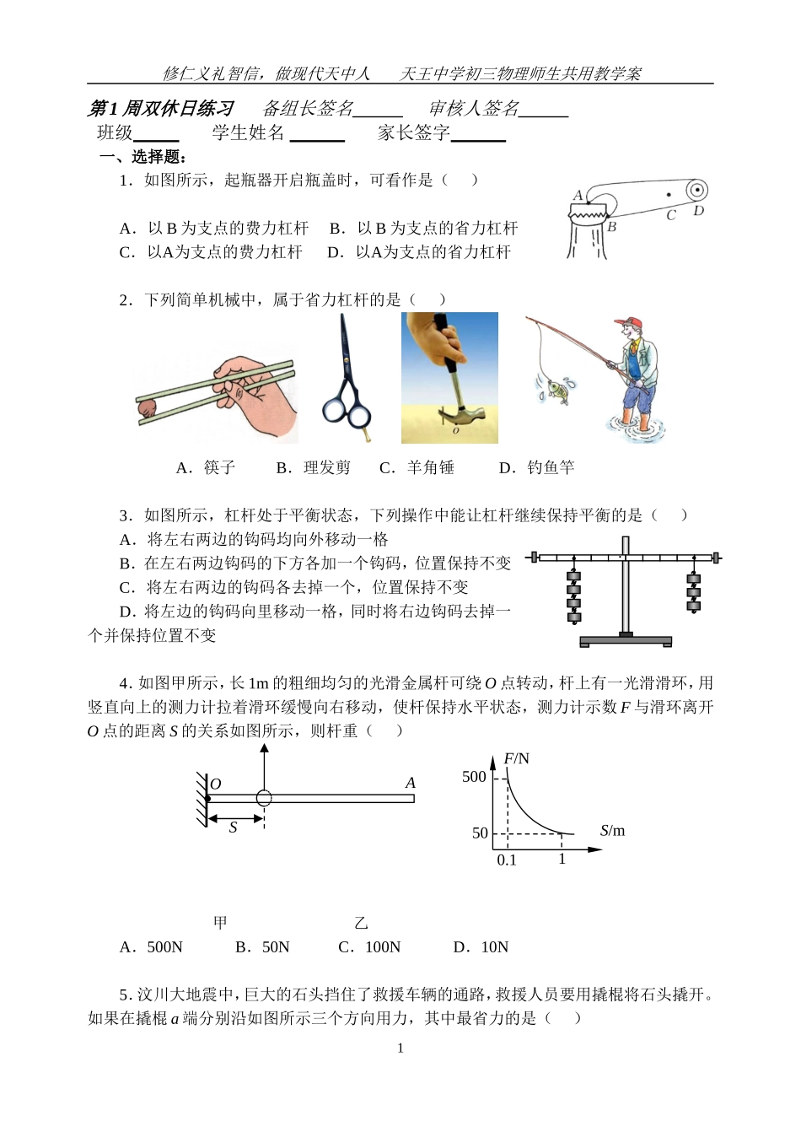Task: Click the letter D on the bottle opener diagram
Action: pos(698,210)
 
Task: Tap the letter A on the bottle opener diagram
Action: pos(578,196)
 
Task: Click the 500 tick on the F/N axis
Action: pos(474,777)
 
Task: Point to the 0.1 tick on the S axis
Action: pos(507,860)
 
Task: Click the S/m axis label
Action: pos(612,831)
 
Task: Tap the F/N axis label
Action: pos(517,758)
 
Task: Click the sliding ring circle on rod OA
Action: pos(264,798)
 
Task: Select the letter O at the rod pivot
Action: pos(216,784)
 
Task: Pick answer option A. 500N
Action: pos(152,947)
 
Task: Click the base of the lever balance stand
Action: pos(625,641)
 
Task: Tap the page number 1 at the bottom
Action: pos(400,1048)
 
